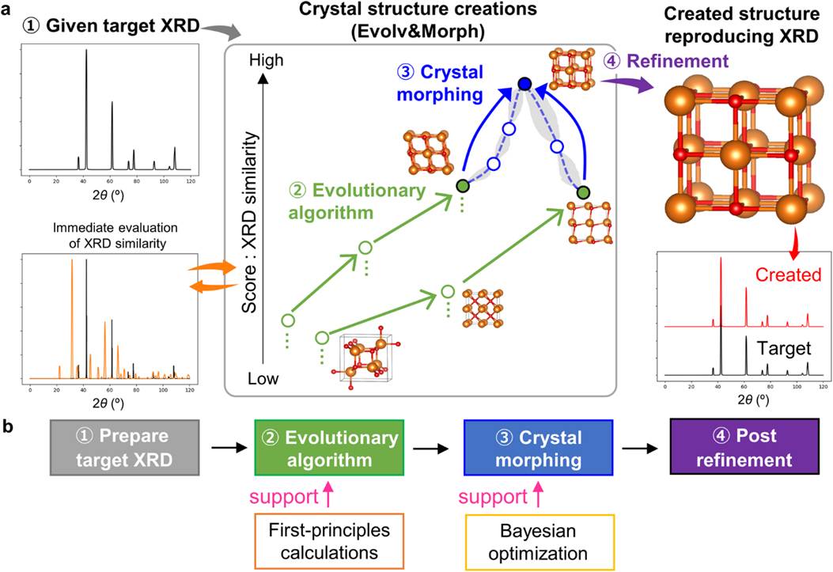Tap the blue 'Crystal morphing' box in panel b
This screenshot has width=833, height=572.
point(536,447)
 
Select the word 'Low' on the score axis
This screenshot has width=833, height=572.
point(264,380)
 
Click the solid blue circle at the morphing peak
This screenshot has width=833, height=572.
point(524,83)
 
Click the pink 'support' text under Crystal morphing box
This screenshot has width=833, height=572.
point(490,498)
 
